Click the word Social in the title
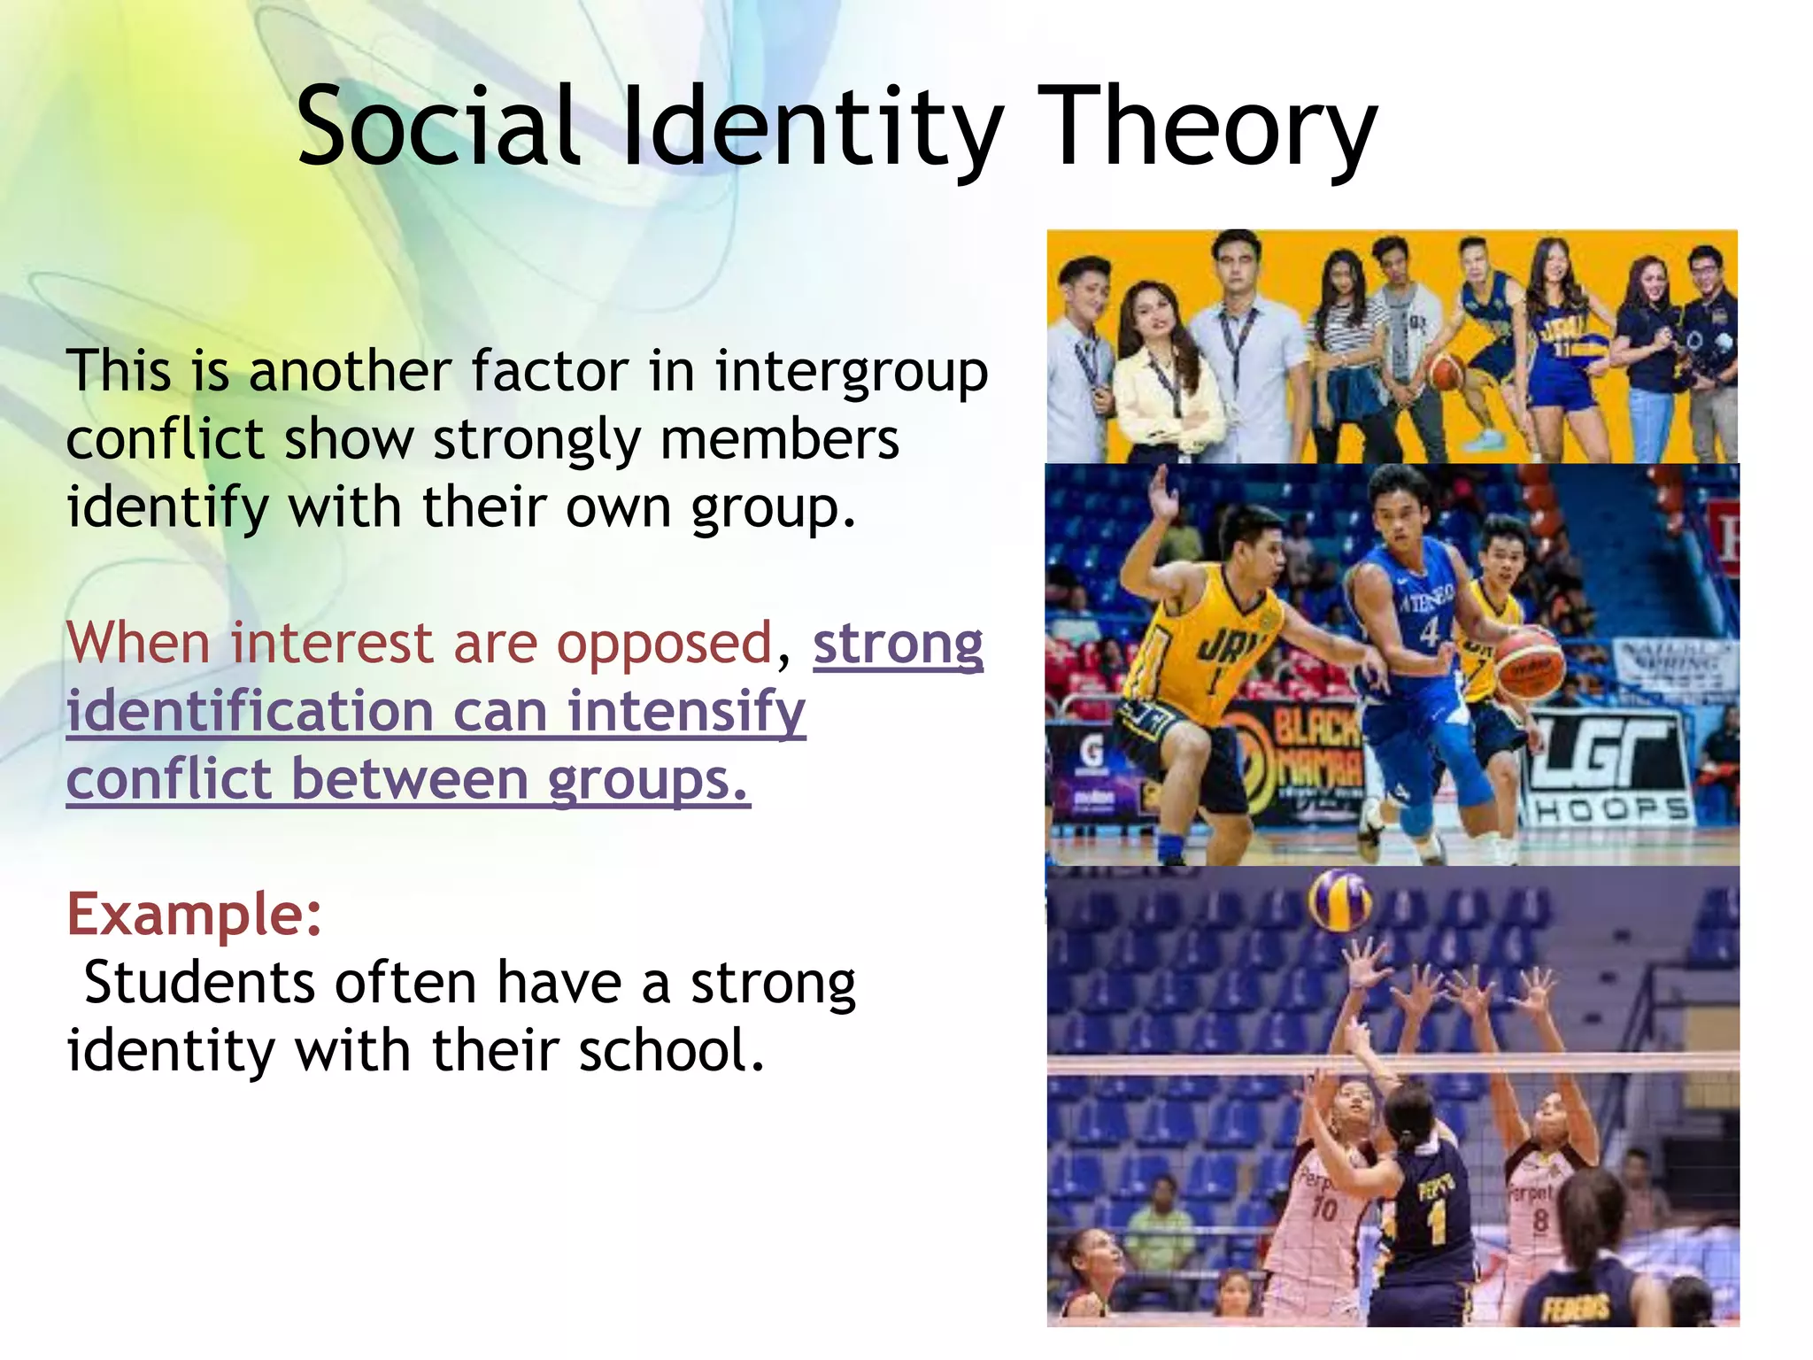(x=438, y=127)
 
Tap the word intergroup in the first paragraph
(x=852, y=371)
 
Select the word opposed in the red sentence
(x=664, y=643)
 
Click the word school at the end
(x=670, y=1051)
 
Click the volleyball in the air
(x=1339, y=900)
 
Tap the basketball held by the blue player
(x=1529, y=663)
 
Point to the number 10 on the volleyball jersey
(x=1324, y=1208)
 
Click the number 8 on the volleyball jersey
(x=1540, y=1220)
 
